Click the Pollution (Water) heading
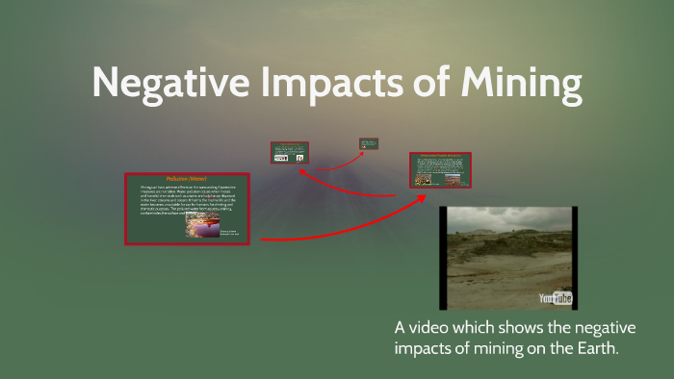click(187, 179)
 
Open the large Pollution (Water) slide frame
click(187, 208)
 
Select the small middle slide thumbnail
click(290, 153)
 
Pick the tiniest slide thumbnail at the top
click(369, 144)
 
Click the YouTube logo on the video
click(556, 297)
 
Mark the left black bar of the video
click(444, 257)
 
